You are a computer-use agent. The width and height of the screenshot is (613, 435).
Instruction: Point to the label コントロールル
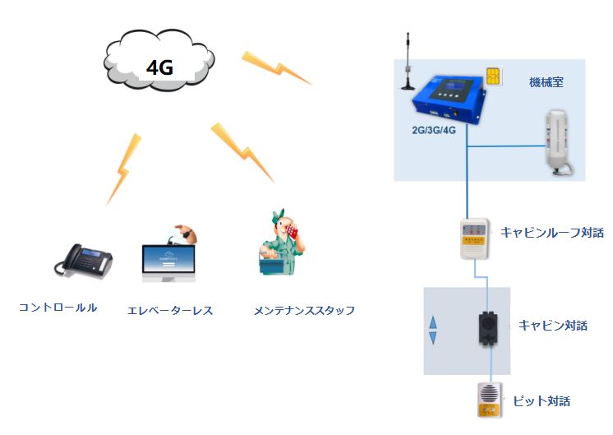[x=58, y=308]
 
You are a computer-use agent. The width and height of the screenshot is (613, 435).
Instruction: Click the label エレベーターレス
[x=170, y=311]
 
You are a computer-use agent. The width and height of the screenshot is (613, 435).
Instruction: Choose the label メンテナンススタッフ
[x=304, y=311]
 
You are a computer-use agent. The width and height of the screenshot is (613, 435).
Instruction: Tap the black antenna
[x=408, y=62]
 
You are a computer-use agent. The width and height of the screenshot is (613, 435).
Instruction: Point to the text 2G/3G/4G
[x=433, y=131]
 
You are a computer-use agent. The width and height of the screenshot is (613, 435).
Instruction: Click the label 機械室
[x=546, y=83]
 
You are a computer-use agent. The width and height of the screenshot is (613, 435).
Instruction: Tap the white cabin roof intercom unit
[x=475, y=238]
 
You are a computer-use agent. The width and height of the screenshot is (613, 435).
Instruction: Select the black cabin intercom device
[x=486, y=331]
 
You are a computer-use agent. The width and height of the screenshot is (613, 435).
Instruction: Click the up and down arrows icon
[x=433, y=330]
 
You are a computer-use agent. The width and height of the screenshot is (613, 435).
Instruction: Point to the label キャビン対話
[x=553, y=325]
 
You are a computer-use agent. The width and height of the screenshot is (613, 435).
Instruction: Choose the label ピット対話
[x=541, y=401]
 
